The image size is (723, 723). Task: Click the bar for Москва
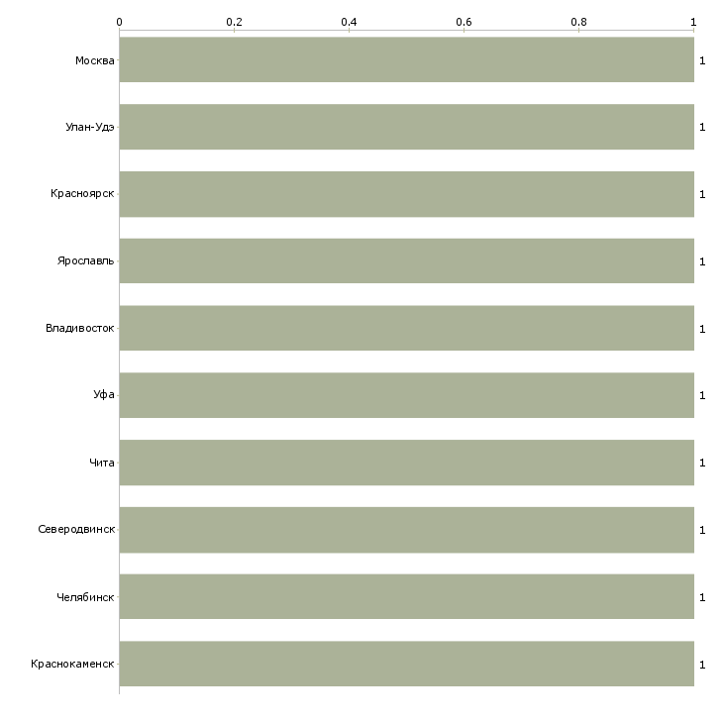tap(407, 60)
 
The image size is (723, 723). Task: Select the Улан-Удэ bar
tap(407, 127)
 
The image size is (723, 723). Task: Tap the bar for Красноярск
tap(407, 194)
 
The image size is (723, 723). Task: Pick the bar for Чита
tap(407, 463)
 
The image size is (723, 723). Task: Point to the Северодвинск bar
tap(407, 530)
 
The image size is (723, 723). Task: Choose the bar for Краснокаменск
tap(407, 664)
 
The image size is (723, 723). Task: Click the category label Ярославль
tap(85, 261)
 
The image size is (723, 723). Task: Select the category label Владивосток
tap(80, 328)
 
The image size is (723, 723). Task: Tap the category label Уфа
tap(104, 395)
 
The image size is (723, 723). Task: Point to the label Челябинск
tap(85, 597)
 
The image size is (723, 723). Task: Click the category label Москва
tap(94, 60)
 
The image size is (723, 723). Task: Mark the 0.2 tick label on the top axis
tap(235, 22)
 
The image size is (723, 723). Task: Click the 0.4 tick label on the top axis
tap(349, 22)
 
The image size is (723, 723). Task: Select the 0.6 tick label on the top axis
tap(464, 22)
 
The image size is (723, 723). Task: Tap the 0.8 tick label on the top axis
tap(578, 22)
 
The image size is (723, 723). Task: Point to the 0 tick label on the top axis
tap(120, 22)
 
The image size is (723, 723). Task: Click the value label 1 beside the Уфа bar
tap(702, 395)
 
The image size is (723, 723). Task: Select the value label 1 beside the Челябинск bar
tap(702, 597)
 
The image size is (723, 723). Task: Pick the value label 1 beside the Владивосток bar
tap(702, 329)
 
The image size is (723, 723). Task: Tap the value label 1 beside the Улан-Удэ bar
tap(702, 127)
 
